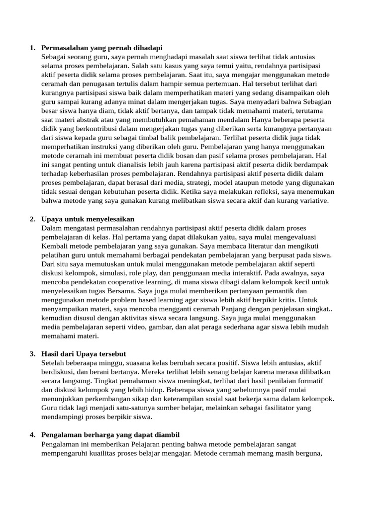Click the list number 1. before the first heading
point(32,48)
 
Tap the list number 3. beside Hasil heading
point(32,353)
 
